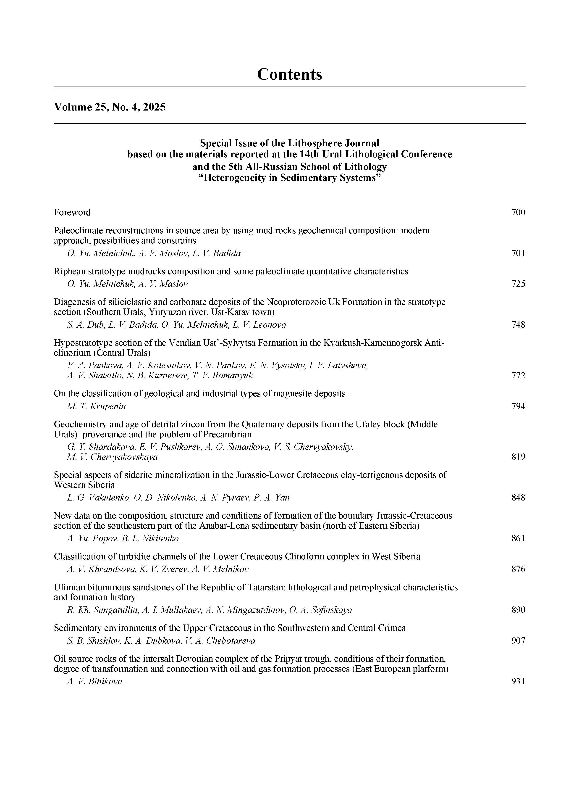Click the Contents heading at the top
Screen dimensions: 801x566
289,74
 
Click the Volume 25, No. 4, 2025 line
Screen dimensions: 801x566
110,107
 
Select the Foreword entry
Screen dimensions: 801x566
72,212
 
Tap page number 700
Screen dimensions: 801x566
518,212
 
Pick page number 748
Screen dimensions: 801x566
518,325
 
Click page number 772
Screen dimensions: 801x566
518,376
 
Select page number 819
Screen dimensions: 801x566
518,457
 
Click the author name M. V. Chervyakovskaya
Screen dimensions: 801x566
112,457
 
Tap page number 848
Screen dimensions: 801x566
518,498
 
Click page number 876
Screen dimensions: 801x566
518,569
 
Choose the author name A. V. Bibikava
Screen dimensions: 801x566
94,682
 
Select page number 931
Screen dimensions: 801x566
518,682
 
